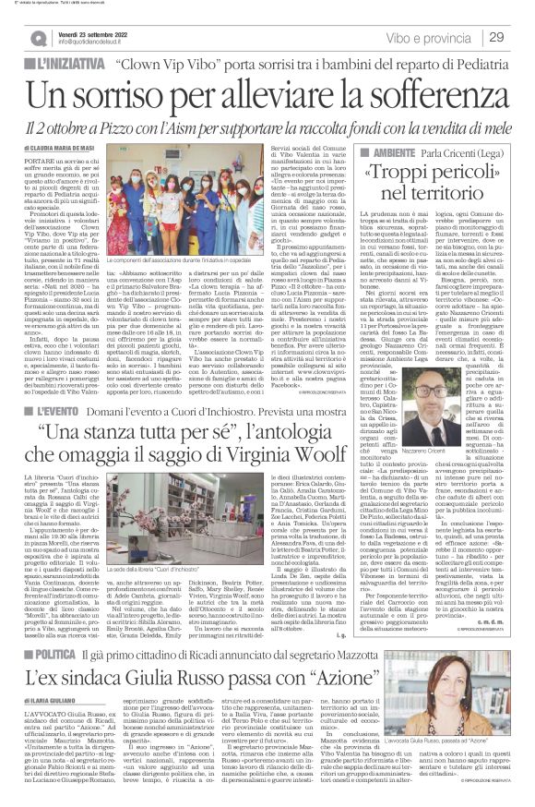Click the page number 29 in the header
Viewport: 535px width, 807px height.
pos(496,37)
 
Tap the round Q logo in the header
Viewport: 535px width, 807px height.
pos(38,38)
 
